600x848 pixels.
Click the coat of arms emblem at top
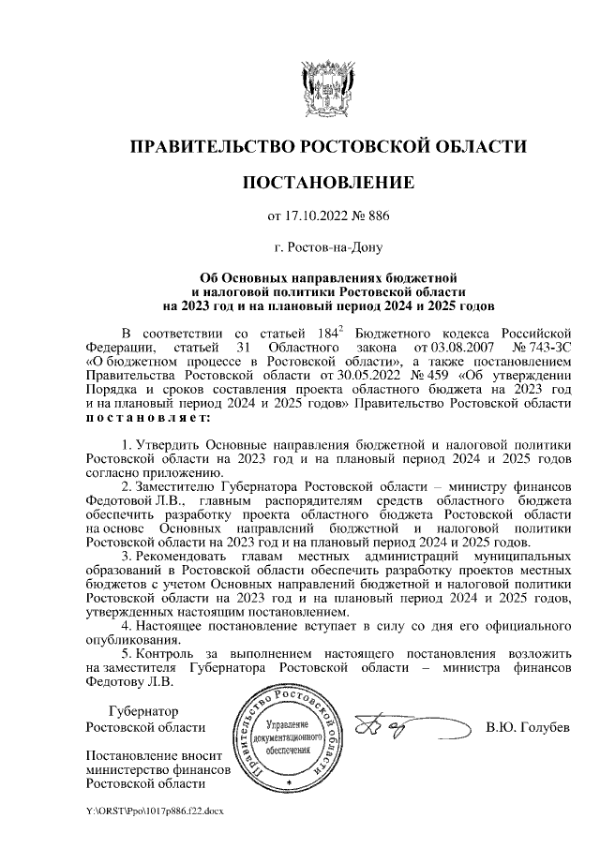tap(327, 86)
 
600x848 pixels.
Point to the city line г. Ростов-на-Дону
tap(327, 248)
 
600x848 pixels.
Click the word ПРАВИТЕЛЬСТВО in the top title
tap(209, 146)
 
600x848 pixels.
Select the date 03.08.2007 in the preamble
tap(437, 349)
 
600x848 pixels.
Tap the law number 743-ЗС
tap(543, 349)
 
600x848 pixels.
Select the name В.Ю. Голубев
tap(528, 728)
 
